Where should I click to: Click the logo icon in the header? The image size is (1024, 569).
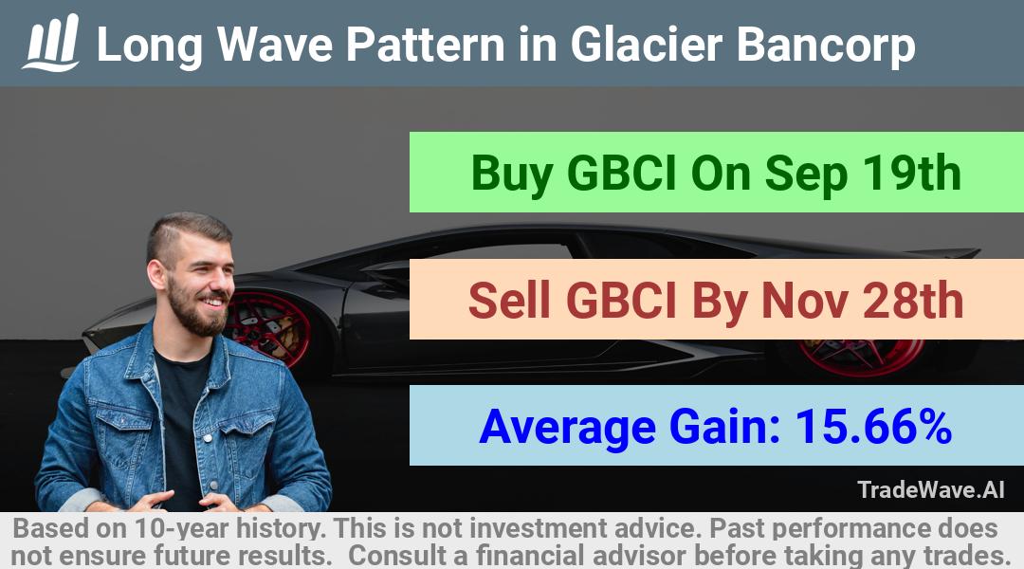coord(51,43)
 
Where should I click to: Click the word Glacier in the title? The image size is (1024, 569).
coord(647,45)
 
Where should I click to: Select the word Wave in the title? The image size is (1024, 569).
coord(274,45)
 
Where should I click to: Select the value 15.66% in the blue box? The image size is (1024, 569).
coord(873,427)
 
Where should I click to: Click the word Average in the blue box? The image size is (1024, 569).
coord(567,429)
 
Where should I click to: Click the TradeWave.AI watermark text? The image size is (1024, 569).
coord(931,490)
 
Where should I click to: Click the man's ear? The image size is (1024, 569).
coord(157,273)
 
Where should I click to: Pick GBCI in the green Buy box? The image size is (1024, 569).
coord(621,174)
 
